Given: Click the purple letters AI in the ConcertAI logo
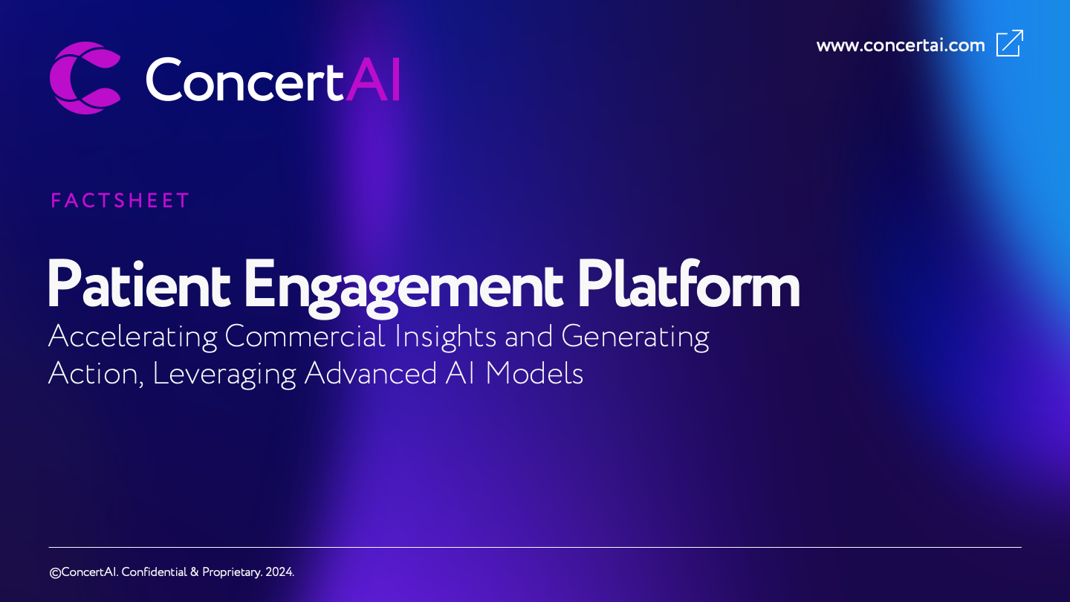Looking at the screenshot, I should [x=374, y=80].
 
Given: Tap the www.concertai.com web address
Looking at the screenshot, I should [x=901, y=45].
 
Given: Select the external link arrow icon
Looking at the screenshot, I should [x=1010, y=43].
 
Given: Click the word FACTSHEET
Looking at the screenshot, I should [x=120, y=201].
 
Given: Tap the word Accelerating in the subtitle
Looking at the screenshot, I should [x=132, y=337].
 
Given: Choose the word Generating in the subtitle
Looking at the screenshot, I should [x=635, y=337].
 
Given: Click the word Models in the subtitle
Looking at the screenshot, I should [x=534, y=373].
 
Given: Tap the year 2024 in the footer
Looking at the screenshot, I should [x=279, y=572].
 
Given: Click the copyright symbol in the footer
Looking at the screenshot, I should [x=54, y=572].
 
